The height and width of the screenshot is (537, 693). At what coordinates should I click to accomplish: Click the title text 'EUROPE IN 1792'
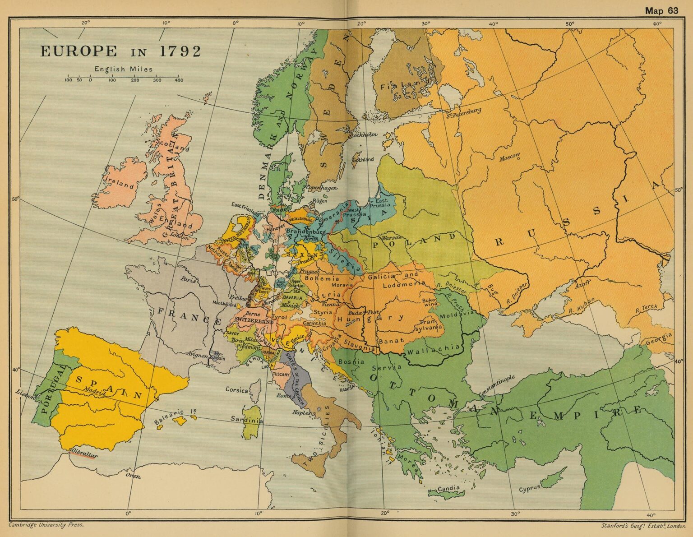tap(120, 51)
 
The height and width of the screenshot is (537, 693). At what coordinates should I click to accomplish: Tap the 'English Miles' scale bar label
tap(123, 69)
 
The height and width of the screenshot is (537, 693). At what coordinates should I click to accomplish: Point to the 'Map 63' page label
tap(661, 11)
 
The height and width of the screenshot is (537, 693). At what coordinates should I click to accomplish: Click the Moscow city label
tap(509, 157)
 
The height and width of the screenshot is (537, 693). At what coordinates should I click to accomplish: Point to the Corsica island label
tap(236, 389)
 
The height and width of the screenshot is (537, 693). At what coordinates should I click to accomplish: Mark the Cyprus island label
tap(529, 489)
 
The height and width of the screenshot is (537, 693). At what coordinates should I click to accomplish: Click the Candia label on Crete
tap(448, 488)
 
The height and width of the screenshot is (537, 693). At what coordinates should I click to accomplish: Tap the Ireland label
tap(120, 183)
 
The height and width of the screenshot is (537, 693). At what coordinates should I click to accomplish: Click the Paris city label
tap(189, 280)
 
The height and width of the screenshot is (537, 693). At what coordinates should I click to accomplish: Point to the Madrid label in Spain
tap(95, 391)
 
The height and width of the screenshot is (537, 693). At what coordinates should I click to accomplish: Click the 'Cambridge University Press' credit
tap(46, 525)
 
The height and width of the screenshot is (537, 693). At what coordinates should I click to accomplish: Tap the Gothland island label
tap(363, 159)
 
